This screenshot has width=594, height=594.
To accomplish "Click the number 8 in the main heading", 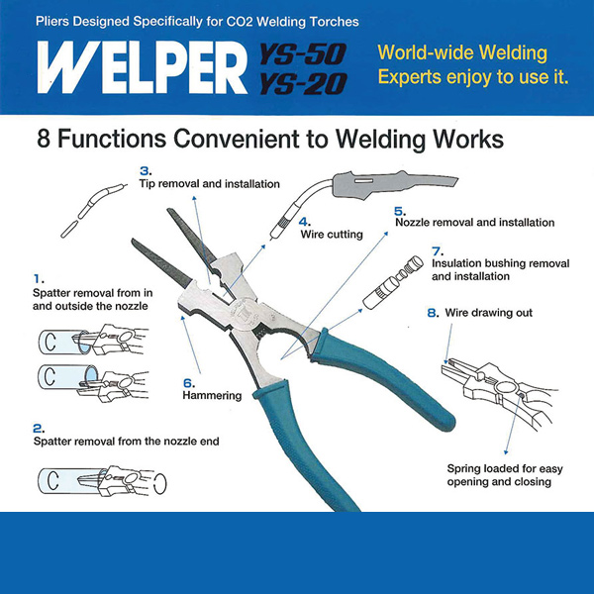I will tap(45, 140).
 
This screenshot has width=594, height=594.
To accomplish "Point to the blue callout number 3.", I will tap(145, 170).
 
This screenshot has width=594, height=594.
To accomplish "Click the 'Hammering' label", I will tap(212, 395).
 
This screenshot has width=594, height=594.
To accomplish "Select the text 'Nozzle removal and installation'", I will tap(474, 223).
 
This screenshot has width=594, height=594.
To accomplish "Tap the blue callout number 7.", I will tap(437, 251).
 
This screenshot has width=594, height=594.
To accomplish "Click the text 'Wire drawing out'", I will tap(487, 313).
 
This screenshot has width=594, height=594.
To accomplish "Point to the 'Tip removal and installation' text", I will tap(209, 184).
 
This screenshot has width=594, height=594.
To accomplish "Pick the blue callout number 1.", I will tap(38, 280).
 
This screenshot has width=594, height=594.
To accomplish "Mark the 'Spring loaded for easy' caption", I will tap(498, 467).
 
